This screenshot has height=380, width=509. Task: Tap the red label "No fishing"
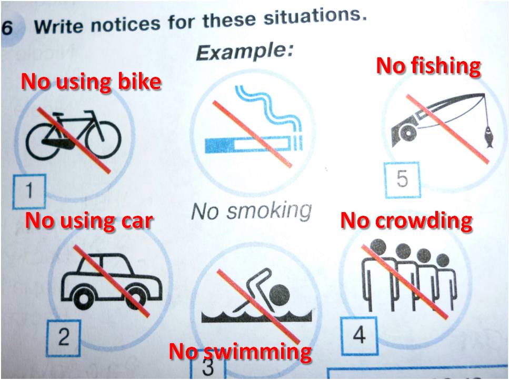pos(428,67)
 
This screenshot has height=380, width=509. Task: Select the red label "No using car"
pos(89,221)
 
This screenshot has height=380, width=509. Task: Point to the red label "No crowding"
pos(406,221)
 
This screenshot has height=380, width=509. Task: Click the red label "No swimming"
pos(241,352)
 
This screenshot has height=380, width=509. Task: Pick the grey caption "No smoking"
pos(252,211)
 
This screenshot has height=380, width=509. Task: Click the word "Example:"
pos(245,52)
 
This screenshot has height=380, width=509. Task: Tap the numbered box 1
pos(29,192)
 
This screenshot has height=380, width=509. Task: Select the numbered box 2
pos(64,337)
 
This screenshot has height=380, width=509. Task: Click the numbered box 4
pos(360,336)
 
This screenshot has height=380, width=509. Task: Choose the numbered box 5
pos(403,179)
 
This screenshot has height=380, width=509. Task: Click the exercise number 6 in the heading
pos(7,27)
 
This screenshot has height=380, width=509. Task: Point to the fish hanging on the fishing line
pos(488,137)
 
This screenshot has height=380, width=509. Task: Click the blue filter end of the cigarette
pos(219,145)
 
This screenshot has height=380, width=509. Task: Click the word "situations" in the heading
pos(315,16)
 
